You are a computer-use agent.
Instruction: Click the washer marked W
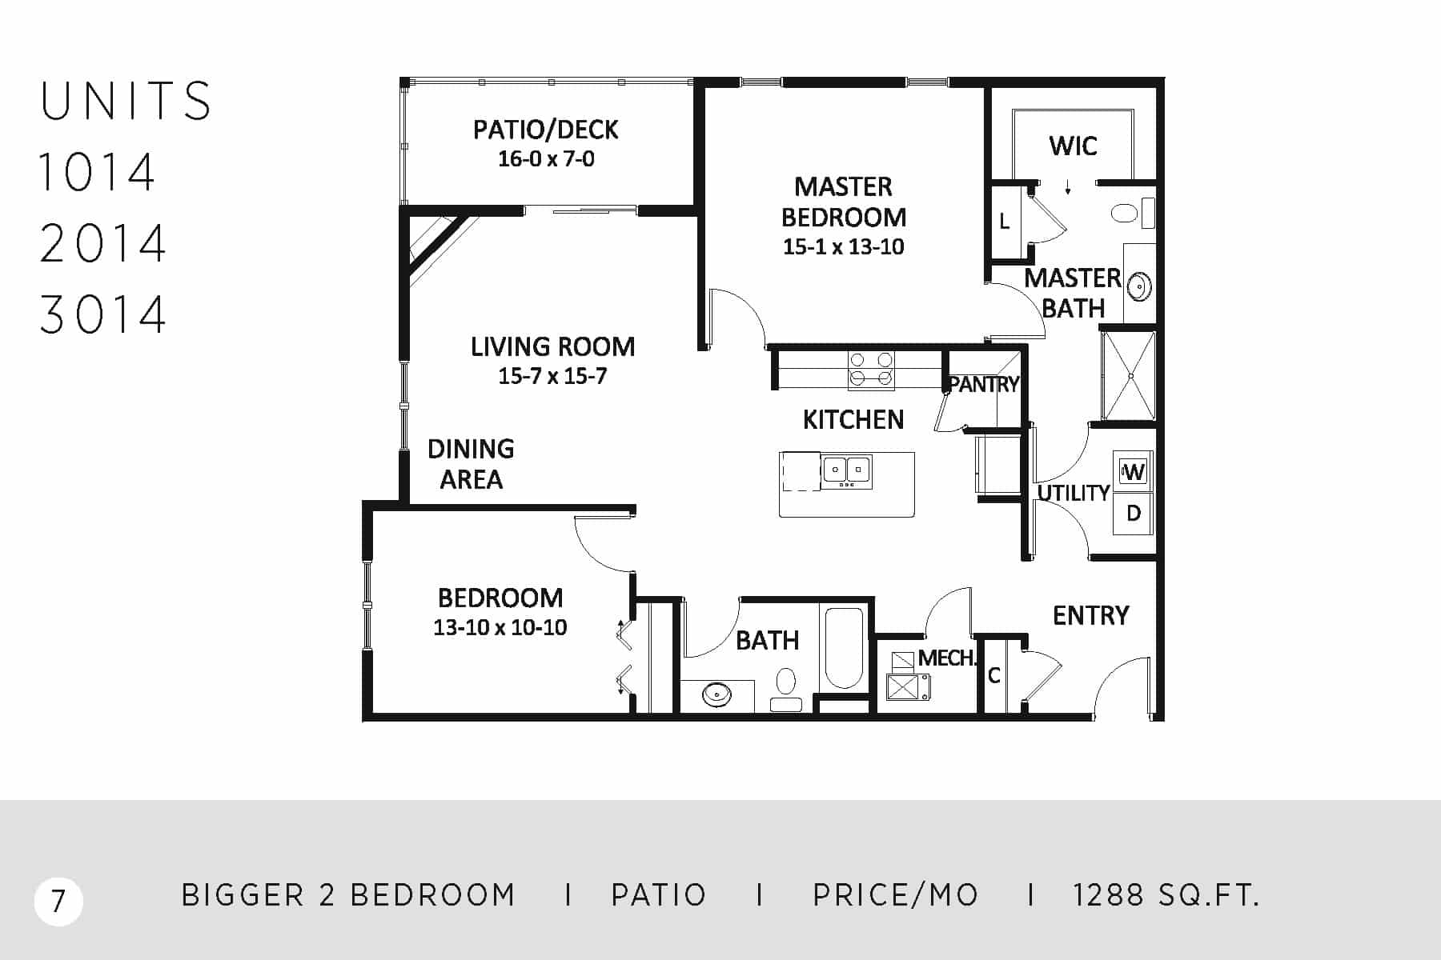(x=1134, y=471)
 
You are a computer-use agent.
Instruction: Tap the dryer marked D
(x=1134, y=513)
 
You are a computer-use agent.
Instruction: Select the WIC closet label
(x=1073, y=146)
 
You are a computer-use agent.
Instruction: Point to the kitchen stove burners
(x=872, y=370)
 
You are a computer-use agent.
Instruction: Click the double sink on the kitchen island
(x=848, y=470)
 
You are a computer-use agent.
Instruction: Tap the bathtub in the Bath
(x=844, y=648)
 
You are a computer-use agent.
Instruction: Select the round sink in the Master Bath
(x=1139, y=286)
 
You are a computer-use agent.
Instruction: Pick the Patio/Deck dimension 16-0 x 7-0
(x=546, y=159)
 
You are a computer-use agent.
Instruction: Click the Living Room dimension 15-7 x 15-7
(x=552, y=376)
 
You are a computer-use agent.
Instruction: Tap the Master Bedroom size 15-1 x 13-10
(x=844, y=246)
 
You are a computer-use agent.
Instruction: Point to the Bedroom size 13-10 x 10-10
(x=500, y=627)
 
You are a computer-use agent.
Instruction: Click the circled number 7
(x=58, y=902)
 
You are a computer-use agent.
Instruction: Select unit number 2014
(x=102, y=243)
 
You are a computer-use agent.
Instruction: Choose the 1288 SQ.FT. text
(x=1166, y=895)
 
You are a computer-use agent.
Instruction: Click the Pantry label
(x=984, y=385)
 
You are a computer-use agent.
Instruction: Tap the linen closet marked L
(x=1005, y=222)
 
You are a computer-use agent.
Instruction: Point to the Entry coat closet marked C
(x=994, y=676)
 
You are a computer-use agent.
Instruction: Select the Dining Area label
(x=471, y=464)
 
